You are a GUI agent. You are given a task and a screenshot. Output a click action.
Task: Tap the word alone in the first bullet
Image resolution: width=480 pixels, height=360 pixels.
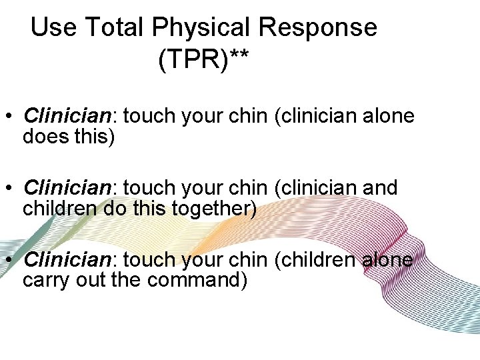pyautogui.click(x=387, y=116)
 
